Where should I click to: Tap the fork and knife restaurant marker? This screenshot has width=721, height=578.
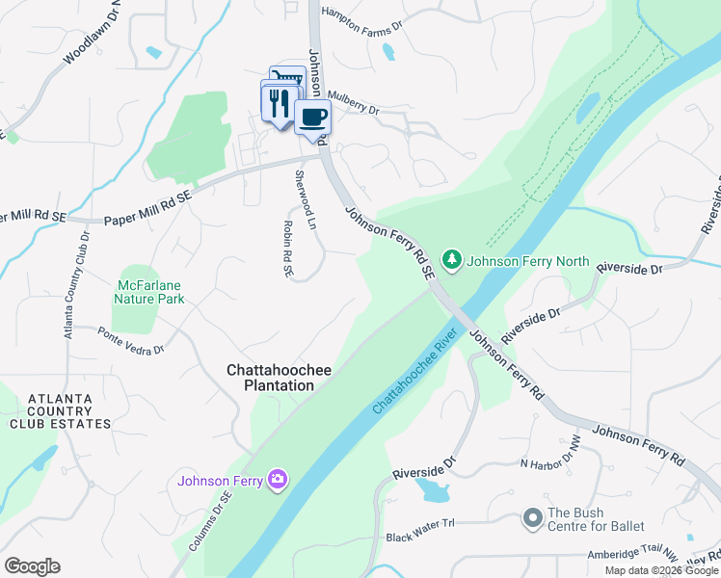click(280, 103)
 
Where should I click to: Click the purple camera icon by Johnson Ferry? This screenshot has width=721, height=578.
click(279, 480)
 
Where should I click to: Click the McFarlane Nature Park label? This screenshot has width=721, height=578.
click(149, 293)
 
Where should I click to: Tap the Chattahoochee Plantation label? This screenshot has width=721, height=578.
click(271, 377)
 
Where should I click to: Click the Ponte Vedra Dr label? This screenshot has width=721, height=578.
click(131, 339)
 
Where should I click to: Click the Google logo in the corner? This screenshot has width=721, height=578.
click(32, 566)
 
